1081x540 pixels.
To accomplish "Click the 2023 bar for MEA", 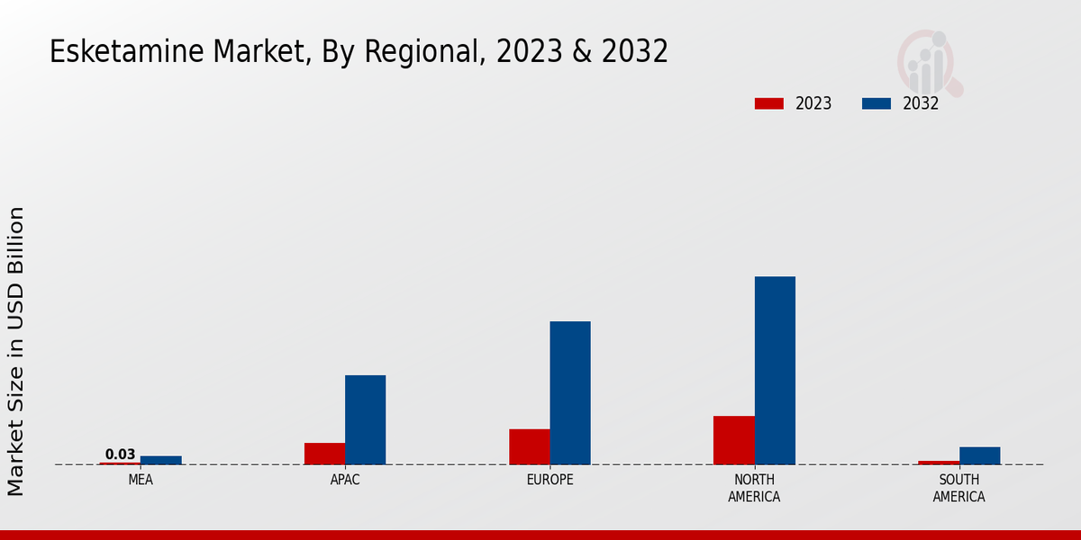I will tap(120, 463).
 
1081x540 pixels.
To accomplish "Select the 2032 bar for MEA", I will tap(160, 460).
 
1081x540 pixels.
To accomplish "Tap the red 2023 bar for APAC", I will tap(324, 454).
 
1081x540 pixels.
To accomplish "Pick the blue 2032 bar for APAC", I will tap(365, 419).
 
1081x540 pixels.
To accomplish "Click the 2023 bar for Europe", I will tap(529, 446).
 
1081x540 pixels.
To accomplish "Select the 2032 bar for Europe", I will tap(570, 392).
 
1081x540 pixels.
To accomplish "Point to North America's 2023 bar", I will tap(733, 440).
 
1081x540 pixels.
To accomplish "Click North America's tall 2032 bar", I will tap(775, 370).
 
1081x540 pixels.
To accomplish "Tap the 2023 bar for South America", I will tap(939, 463).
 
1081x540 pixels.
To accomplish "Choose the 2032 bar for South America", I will tap(979, 455).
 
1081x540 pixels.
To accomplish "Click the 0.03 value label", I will tap(120, 454).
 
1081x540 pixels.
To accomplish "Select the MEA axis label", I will tap(141, 481).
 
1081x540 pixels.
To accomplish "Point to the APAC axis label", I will tap(345, 481).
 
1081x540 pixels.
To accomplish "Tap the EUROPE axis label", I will tap(550, 481).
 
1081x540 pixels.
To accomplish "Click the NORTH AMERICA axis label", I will tap(754, 489).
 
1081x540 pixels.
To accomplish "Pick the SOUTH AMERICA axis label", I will tap(958, 489).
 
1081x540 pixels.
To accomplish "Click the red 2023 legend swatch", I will tap(769, 103).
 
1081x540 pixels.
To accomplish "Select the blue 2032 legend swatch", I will tap(877, 103).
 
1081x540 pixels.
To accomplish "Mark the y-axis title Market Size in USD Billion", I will tap(16, 351).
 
